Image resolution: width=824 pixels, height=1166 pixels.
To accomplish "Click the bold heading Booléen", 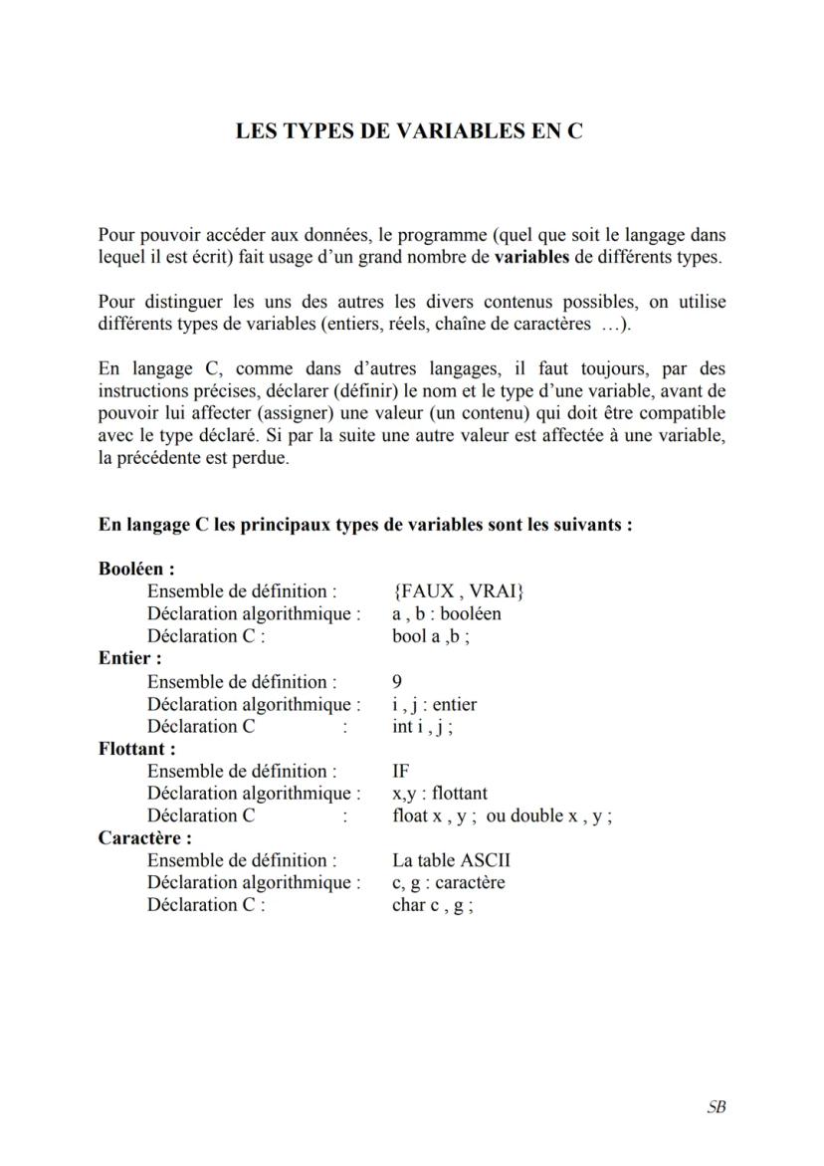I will pyautogui.click(x=136, y=570).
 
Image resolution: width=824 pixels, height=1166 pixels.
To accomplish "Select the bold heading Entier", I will pyautogui.click(x=129, y=658).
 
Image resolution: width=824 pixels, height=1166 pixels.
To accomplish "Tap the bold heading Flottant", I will pyautogui.click(x=136, y=748).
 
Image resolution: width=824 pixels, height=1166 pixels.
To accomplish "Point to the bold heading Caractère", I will pyautogui.click(x=144, y=837).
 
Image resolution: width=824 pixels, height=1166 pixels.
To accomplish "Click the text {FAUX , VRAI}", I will pyautogui.click(x=459, y=591).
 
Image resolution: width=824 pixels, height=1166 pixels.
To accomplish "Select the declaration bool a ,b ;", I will pyautogui.click(x=431, y=636).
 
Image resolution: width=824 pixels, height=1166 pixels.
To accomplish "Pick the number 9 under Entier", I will pyautogui.click(x=398, y=682).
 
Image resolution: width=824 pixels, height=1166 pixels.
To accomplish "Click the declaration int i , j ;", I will pyautogui.click(x=423, y=726).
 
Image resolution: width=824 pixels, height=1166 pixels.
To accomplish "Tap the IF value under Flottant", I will pyautogui.click(x=401, y=771).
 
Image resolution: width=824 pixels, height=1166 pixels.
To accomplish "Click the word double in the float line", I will pyautogui.click(x=536, y=816).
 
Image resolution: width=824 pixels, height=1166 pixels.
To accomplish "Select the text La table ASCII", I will pyautogui.click(x=451, y=860).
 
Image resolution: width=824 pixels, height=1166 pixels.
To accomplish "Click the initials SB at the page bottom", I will pyautogui.click(x=716, y=1106).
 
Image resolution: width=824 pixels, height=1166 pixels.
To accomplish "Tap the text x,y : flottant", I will pyautogui.click(x=440, y=794).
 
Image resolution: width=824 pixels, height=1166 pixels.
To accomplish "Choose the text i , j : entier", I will pyautogui.click(x=435, y=704).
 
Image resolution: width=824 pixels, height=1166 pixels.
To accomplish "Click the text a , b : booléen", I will pyautogui.click(x=447, y=614).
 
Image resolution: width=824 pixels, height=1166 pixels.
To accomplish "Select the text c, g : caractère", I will pyautogui.click(x=449, y=883).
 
